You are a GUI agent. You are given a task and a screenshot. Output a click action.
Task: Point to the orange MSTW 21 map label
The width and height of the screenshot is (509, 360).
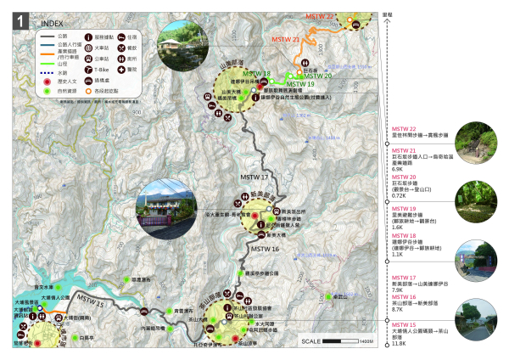pos(286,41)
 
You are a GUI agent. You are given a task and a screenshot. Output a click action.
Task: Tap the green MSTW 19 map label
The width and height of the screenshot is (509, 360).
pos(299,84)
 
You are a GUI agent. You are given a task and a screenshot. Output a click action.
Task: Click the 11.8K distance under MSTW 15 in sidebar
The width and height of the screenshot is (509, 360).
pos(398,344)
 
